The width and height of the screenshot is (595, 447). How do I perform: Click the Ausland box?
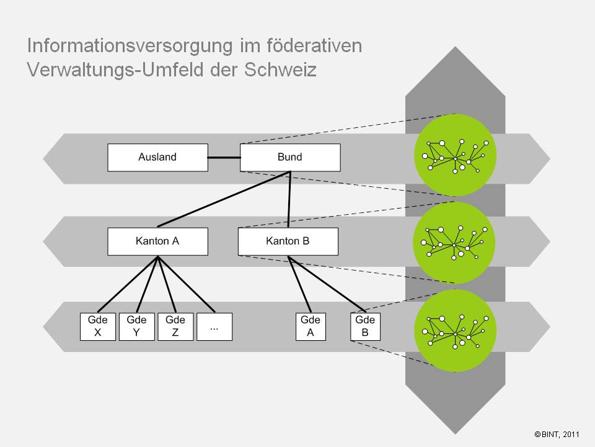[x=157, y=157]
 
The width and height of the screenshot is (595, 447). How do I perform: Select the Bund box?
[x=290, y=157]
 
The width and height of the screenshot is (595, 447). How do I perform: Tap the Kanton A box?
[x=157, y=242]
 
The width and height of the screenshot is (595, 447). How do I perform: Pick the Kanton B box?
[x=288, y=242]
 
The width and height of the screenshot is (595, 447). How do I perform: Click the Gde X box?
[x=98, y=327]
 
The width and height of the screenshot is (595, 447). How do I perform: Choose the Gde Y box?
[x=136, y=327]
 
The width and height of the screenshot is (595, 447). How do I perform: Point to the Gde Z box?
[x=175, y=327]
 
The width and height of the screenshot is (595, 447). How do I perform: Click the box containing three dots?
[x=214, y=327]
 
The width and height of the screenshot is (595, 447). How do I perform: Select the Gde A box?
[x=311, y=327]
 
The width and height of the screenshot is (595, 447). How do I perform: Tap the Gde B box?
[x=366, y=327]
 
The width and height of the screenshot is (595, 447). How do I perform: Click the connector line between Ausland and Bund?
[x=224, y=157]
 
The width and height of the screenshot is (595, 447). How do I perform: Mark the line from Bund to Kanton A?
[x=224, y=199]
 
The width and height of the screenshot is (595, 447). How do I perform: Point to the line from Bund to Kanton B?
[x=289, y=199]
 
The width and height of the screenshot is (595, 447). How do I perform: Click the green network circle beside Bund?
[x=455, y=155]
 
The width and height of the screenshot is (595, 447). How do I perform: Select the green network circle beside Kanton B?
[x=454, y=243]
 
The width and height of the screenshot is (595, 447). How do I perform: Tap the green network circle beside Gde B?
[x=455, y=331]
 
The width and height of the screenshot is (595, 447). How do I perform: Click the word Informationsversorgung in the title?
[x=130, y=46]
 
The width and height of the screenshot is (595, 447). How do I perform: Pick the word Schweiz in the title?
[x=280, y=70]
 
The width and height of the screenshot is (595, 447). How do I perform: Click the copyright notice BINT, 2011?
[x=557, y=434]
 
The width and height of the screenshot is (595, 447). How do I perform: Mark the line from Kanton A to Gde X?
[x=128, y=284]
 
